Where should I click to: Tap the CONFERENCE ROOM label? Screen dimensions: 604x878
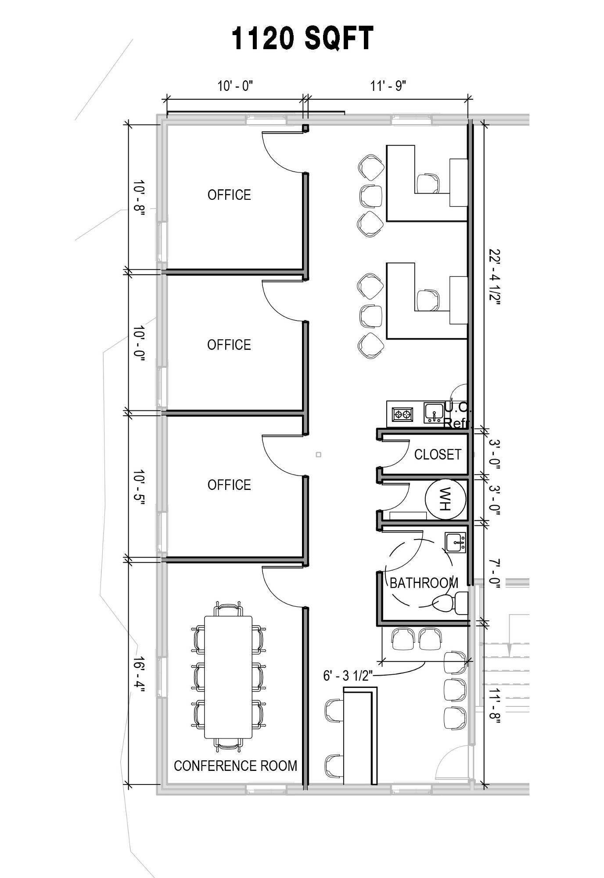tap(236, 766)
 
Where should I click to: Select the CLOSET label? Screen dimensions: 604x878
tap(438, 454)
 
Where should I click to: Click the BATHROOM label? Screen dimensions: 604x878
tap(424, 583)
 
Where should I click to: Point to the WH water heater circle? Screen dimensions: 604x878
tap(445, 499)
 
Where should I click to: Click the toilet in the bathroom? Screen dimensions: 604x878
tap(450, 603)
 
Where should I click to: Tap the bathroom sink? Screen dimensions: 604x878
tap(456, 543)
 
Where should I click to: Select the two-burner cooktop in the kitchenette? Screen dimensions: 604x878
tap(403, 414)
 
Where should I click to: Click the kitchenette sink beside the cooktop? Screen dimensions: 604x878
tap(434, 413)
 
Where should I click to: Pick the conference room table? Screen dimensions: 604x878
tap(228, 677)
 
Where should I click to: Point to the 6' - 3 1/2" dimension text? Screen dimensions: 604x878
tap(348, 676)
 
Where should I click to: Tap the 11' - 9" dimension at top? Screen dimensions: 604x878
tap(388, 86)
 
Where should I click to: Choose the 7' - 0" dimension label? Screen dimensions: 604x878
tap(495, 572)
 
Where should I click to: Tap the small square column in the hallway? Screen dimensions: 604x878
tap(319, 454)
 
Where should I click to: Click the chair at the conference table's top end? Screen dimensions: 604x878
tap(228, 609)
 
